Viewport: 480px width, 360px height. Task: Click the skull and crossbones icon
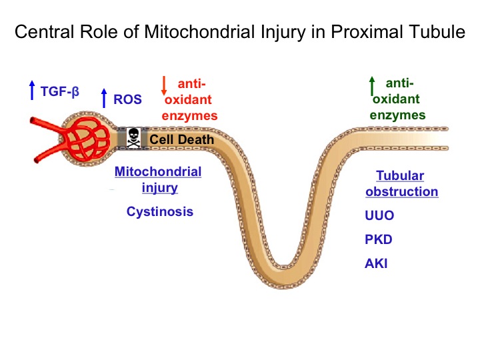tap(134, 138)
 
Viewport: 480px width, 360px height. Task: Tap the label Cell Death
tap(181, 139)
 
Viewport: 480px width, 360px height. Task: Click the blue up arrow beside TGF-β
tap(32, 90)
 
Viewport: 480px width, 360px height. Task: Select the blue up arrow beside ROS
tap(104, 98)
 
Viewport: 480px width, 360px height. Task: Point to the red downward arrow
tap(164, 86)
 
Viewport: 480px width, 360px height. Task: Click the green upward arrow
tap(372, 86)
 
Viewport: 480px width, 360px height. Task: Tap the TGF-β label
tap(60, 91)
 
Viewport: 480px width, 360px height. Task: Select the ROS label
tap(127, 99)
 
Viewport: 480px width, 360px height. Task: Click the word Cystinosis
tap(160, 211)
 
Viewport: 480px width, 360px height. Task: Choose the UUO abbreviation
tap(379, 215)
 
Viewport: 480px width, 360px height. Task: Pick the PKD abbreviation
tap(379, 239)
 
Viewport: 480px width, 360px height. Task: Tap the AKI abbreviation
tap(376, 263)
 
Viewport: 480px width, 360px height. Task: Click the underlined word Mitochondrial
tap(158, 172)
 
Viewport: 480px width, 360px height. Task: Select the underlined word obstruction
tap(401, 191)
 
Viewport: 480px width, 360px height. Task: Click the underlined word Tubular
tap(400, 176)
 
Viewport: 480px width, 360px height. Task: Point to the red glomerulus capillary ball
tap(87, 139)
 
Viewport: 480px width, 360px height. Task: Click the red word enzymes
tap(189, 116)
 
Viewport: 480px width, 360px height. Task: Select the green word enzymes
tap(397, 115)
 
